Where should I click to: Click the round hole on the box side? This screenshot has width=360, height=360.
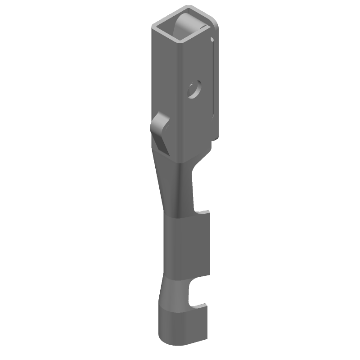click(x=195, y=89)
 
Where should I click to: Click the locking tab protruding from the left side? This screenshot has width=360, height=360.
click(x=160, y=124)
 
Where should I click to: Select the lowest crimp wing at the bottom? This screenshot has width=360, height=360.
click(x=182, y=326)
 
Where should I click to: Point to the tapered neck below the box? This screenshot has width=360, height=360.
click(x=173, y=189)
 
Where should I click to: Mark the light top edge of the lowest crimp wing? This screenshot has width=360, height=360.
click(x=182, y=310)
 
